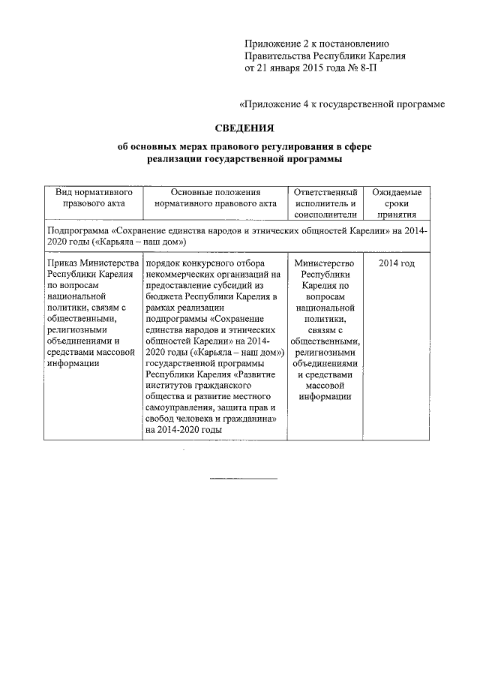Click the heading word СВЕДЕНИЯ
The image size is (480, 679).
click(239, 128)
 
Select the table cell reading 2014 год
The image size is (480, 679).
click(397, 263)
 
